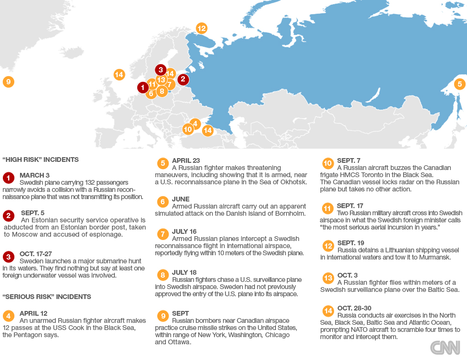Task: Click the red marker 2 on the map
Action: (x=183, y=80)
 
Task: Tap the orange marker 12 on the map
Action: (x=202, y=28)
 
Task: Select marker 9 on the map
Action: (x=8, y=82)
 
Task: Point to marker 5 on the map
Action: (x=459, y=84)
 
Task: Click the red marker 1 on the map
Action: (x=142, y=88)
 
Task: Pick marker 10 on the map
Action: (x=187, y=129)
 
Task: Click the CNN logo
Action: (x=445, y=347)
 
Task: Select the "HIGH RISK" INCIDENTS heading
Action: (x=41, y=160)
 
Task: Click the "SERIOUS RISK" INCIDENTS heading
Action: (x=47, y=297)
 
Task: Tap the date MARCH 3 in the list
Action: (x=34, y=175)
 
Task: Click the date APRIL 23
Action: (x=186, y=160)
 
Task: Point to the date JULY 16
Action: (x=184, y=231)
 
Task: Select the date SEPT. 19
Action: (x=351, y=243)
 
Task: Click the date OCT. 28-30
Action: (x=354, y=308)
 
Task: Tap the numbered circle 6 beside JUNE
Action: (x=162, y=202)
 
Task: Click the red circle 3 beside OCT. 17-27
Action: (x=9, y=257)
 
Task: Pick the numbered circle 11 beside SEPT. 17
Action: (x=328, y=209)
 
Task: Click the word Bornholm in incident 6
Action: (x=290, y=214)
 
